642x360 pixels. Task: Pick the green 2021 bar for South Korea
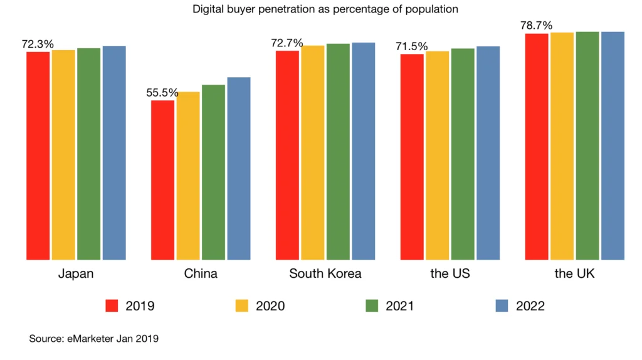click(338, 151)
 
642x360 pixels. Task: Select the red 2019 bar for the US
click(412, 157)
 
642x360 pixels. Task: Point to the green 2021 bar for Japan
click(89, 154)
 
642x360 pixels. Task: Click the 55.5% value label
click(162, 93)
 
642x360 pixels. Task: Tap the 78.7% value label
click(536, 26)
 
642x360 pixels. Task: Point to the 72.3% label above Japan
click(38, 45)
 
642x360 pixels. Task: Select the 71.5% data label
click(411, 46)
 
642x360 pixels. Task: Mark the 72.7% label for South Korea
click(287, 43)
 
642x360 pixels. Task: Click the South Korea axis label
click(325, 274)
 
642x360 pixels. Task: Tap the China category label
click(201, 274)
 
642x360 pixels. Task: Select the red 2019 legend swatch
click(112, 306)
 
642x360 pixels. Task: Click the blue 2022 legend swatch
click(502, 306)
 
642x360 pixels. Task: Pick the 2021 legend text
click(399, 306)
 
